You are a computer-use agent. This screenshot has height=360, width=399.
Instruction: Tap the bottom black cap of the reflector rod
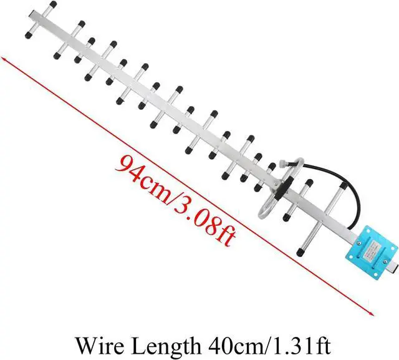299,253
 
